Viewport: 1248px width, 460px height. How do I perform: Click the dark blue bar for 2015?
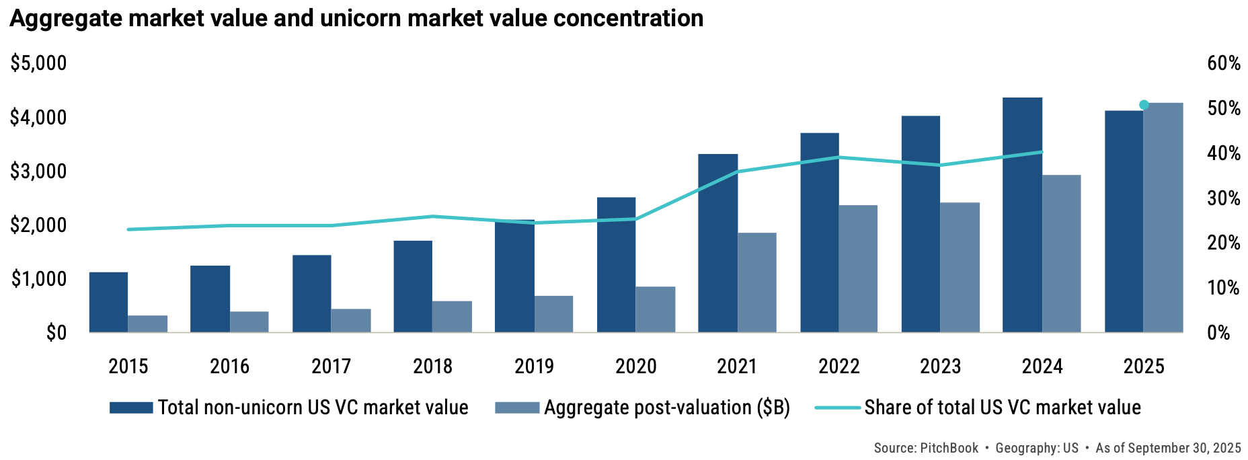coord(108,302)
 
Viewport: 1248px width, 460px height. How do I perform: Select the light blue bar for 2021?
coord(757,282)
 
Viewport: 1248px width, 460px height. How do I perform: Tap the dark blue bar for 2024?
coord(1022,215)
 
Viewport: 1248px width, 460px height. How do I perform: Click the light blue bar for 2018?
coord(452,317)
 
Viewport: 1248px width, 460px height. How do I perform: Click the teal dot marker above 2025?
coord(1144,105)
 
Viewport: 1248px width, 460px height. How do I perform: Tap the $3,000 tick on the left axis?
coord(38,171)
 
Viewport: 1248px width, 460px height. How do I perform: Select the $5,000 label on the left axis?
coord(38,63)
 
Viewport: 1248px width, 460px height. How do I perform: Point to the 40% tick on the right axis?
coord(1224,153)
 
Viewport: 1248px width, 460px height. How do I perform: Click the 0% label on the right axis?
coord(1218,333)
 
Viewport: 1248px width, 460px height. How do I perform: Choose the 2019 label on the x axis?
coord(534,367)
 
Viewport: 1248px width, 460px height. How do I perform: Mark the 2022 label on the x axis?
coord(838,367)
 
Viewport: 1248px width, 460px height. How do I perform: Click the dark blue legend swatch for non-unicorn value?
coord(131,408)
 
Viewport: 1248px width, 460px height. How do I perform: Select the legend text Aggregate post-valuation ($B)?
coord(666,408)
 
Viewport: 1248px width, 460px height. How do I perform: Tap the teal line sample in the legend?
coord(837,408)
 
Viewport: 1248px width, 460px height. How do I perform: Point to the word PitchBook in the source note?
coord(949,448)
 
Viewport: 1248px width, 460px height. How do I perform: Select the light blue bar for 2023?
coord(960,268)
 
